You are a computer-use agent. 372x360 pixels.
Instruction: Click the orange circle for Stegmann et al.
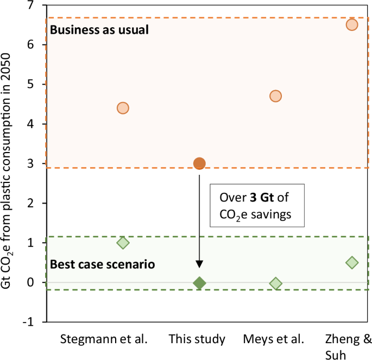pos(123,108)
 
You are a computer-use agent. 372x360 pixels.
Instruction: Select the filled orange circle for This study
pos(199,163)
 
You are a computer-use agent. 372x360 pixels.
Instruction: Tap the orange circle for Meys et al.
pos(275,96)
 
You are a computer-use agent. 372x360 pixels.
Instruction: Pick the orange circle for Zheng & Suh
pos(352,24)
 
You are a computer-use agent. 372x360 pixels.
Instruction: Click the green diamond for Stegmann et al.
pos(123,243)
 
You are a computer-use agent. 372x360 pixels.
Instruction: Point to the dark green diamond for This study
pos(199,283)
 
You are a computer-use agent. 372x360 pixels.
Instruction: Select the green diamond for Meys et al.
pos(275,283)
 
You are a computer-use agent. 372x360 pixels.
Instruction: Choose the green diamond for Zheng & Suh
pos(352,263)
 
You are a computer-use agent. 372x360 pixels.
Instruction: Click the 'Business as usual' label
pos(99,30)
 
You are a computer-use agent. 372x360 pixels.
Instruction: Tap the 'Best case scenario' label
pos(103,265)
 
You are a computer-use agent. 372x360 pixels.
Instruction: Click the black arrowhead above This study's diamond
pos(199,264)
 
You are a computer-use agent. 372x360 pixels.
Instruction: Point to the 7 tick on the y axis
pos(37,5)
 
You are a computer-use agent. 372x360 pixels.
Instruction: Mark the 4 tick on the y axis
pos(37,124)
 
